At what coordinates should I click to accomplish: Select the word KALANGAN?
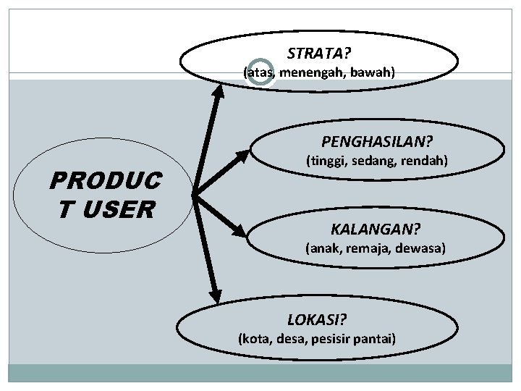click(375, 230)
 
